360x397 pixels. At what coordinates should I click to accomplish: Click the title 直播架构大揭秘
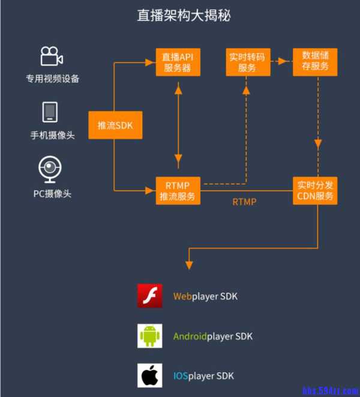[179, 16]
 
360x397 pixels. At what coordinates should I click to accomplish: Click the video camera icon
[52, 56]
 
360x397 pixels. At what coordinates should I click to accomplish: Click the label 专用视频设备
[52, 79]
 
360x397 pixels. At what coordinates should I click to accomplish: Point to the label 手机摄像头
[52, 136]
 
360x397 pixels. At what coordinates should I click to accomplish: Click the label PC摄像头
[52, 194]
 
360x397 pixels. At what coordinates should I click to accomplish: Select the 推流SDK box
[115, 125]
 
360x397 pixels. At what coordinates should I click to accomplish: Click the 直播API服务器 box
[178, 62]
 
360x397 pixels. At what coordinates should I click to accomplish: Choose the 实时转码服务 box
[247, 62]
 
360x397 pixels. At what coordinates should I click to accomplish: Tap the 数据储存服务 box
[315, 62]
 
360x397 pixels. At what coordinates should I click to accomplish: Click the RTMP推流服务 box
[178, 190]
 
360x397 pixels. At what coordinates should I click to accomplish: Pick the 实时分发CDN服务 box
[315, 190]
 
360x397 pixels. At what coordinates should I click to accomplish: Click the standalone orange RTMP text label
[244, 202]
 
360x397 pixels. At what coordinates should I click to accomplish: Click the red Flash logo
[150, 296]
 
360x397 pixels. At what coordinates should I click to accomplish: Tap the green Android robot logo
[150, 336]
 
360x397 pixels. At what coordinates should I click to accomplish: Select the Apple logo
[150, 376]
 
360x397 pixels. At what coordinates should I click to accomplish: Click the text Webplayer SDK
[206, 296]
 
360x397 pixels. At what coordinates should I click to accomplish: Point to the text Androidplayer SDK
[212, 336]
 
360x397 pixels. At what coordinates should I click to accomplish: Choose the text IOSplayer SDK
[203, 376]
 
